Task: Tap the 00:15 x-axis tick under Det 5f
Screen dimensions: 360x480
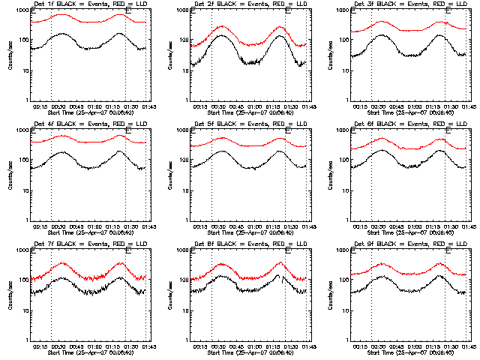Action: (200, 226)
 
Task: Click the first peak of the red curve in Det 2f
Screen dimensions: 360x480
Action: (223, 27)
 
